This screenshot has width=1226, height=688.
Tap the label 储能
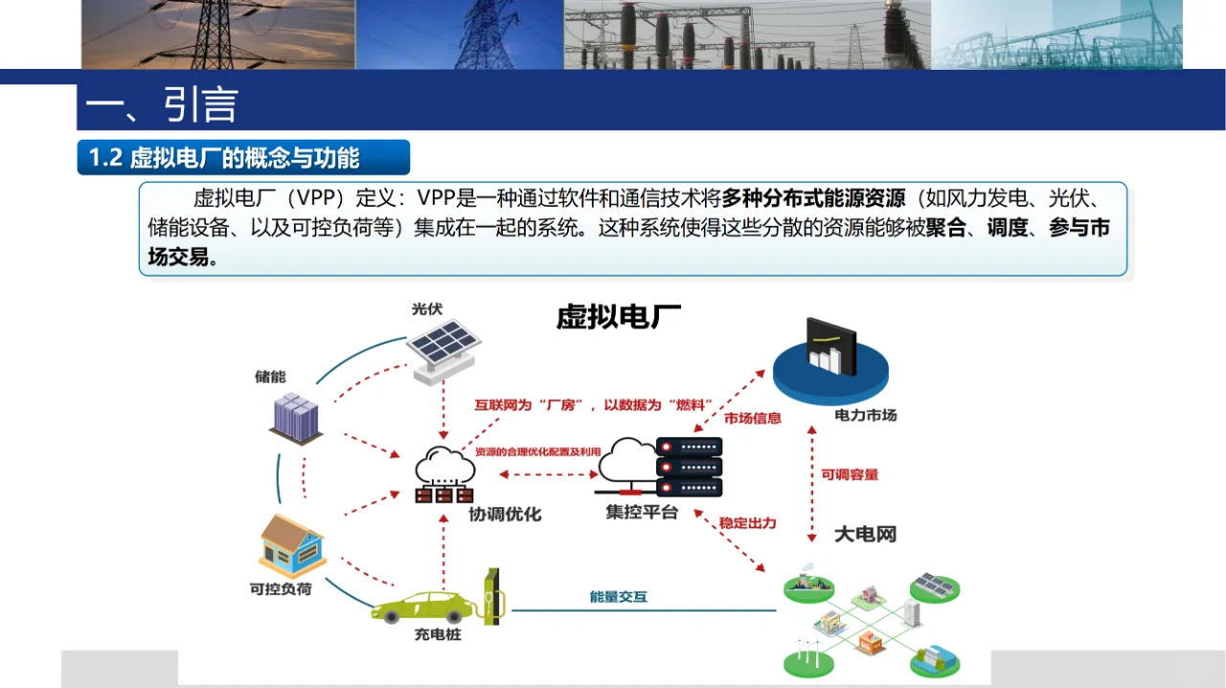point(270,377)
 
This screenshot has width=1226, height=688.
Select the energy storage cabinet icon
point(295,418)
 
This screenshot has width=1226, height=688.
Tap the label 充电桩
point(437,634)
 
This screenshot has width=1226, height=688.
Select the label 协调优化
point(505,514)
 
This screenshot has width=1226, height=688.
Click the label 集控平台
point(641,512)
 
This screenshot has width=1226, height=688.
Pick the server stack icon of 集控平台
point(689,466)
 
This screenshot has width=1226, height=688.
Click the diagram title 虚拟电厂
point(619,318)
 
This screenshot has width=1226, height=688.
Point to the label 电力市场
point(865,415)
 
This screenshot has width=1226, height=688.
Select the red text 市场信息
point(752,418)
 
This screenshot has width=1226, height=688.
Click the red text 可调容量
point(850,475)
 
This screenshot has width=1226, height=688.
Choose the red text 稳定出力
point(747,523)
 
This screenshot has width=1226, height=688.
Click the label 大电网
point(865,534)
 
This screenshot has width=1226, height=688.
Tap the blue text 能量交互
point(618,597)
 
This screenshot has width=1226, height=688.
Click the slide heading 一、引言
point(161,105)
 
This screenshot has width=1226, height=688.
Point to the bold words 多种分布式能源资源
point(813,199)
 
